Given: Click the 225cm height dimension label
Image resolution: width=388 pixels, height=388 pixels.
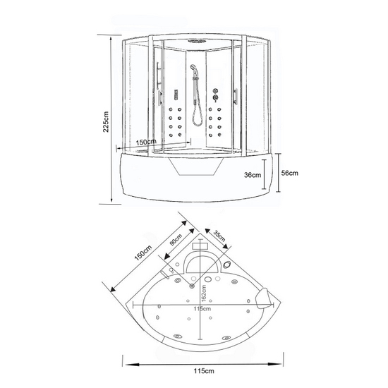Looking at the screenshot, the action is coord(106,122).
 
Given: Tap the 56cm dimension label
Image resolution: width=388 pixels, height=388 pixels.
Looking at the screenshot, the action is coord(289,173).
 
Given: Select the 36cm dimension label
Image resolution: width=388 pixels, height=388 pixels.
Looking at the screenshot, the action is coord(253,175).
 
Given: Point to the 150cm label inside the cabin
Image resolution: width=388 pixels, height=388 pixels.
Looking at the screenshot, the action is coord(146,143).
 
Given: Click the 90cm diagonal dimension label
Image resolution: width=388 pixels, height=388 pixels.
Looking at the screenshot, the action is coord(176,239).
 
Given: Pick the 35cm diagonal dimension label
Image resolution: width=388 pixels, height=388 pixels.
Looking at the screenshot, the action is coord(219,236).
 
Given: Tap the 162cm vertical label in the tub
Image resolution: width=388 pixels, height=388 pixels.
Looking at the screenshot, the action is coord(203,293).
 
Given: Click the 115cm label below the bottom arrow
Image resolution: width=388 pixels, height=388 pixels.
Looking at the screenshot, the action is coord(204,371).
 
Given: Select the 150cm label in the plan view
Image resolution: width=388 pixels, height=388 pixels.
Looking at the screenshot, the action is coord(143,253).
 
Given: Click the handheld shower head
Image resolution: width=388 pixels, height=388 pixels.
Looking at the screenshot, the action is coord(193,67).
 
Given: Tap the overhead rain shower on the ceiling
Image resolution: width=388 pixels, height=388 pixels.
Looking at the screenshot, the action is coord(197,41).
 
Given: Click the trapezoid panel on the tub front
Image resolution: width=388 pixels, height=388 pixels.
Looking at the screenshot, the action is coord(197,166).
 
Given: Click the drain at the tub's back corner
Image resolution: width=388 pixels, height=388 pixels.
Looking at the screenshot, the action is coord(192,286).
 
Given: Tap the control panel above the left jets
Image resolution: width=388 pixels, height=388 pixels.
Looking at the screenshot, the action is coord(176,95).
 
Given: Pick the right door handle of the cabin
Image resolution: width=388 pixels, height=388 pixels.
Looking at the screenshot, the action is coord(235,96).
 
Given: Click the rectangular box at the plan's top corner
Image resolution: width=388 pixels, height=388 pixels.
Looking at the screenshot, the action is coord(200,246).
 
